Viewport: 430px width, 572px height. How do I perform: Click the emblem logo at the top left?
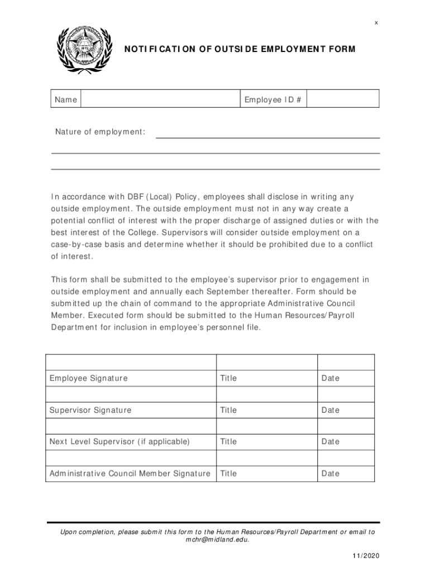pos(80,49)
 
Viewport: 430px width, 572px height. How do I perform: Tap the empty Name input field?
pos(160,99)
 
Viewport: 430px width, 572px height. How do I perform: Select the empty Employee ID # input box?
pos(343,99)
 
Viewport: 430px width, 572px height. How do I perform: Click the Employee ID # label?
pos(273,99)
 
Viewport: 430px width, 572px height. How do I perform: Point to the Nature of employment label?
pos(100,132)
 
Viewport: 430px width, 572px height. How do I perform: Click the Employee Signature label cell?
pos(88,378)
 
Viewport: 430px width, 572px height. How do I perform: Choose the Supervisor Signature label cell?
pos(90,410)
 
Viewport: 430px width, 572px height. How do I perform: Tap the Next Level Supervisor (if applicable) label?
pos(120,441)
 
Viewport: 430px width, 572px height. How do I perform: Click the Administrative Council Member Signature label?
pos(130,473)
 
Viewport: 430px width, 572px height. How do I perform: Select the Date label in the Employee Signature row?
pos(330,378)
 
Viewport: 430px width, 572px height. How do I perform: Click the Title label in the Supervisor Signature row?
pos(228,410)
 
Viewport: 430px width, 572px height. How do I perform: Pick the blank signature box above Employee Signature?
pos(130,362)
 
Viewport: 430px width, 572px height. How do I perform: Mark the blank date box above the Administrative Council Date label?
pos(346,457)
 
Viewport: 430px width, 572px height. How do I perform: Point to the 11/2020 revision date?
pos(365,557)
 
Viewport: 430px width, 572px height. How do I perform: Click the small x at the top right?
pos(376,23)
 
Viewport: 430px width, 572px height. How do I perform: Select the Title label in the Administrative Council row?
pos(228,473)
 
